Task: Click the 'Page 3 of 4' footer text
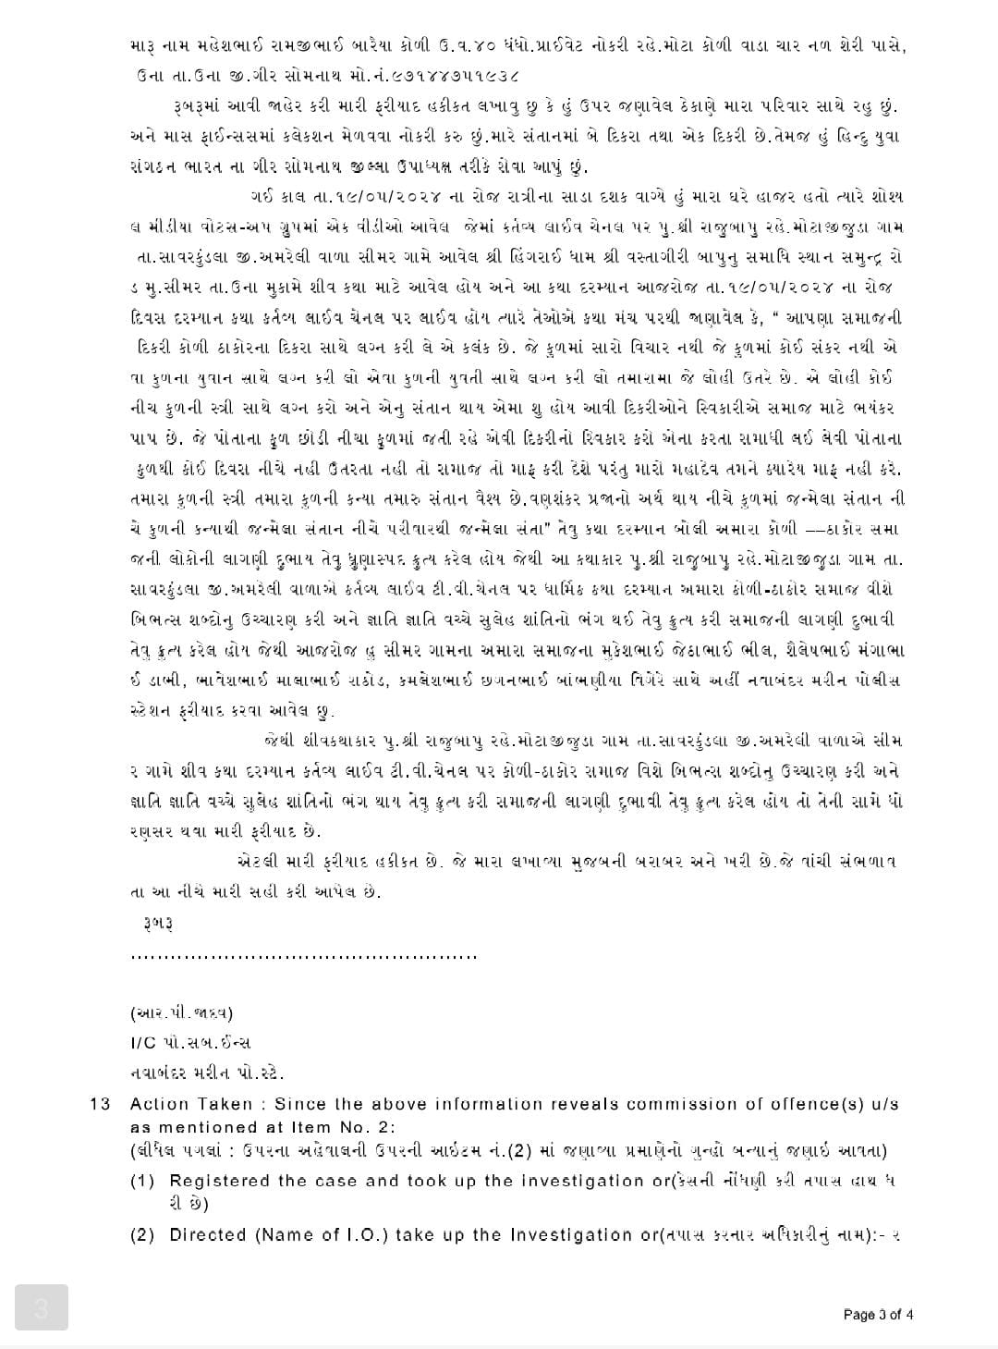pos(879,1315)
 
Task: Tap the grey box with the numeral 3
pos(42,1308)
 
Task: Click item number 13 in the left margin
pos(100,1104)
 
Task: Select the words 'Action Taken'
pos(191,1104)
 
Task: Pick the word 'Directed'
pos(207,1234)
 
